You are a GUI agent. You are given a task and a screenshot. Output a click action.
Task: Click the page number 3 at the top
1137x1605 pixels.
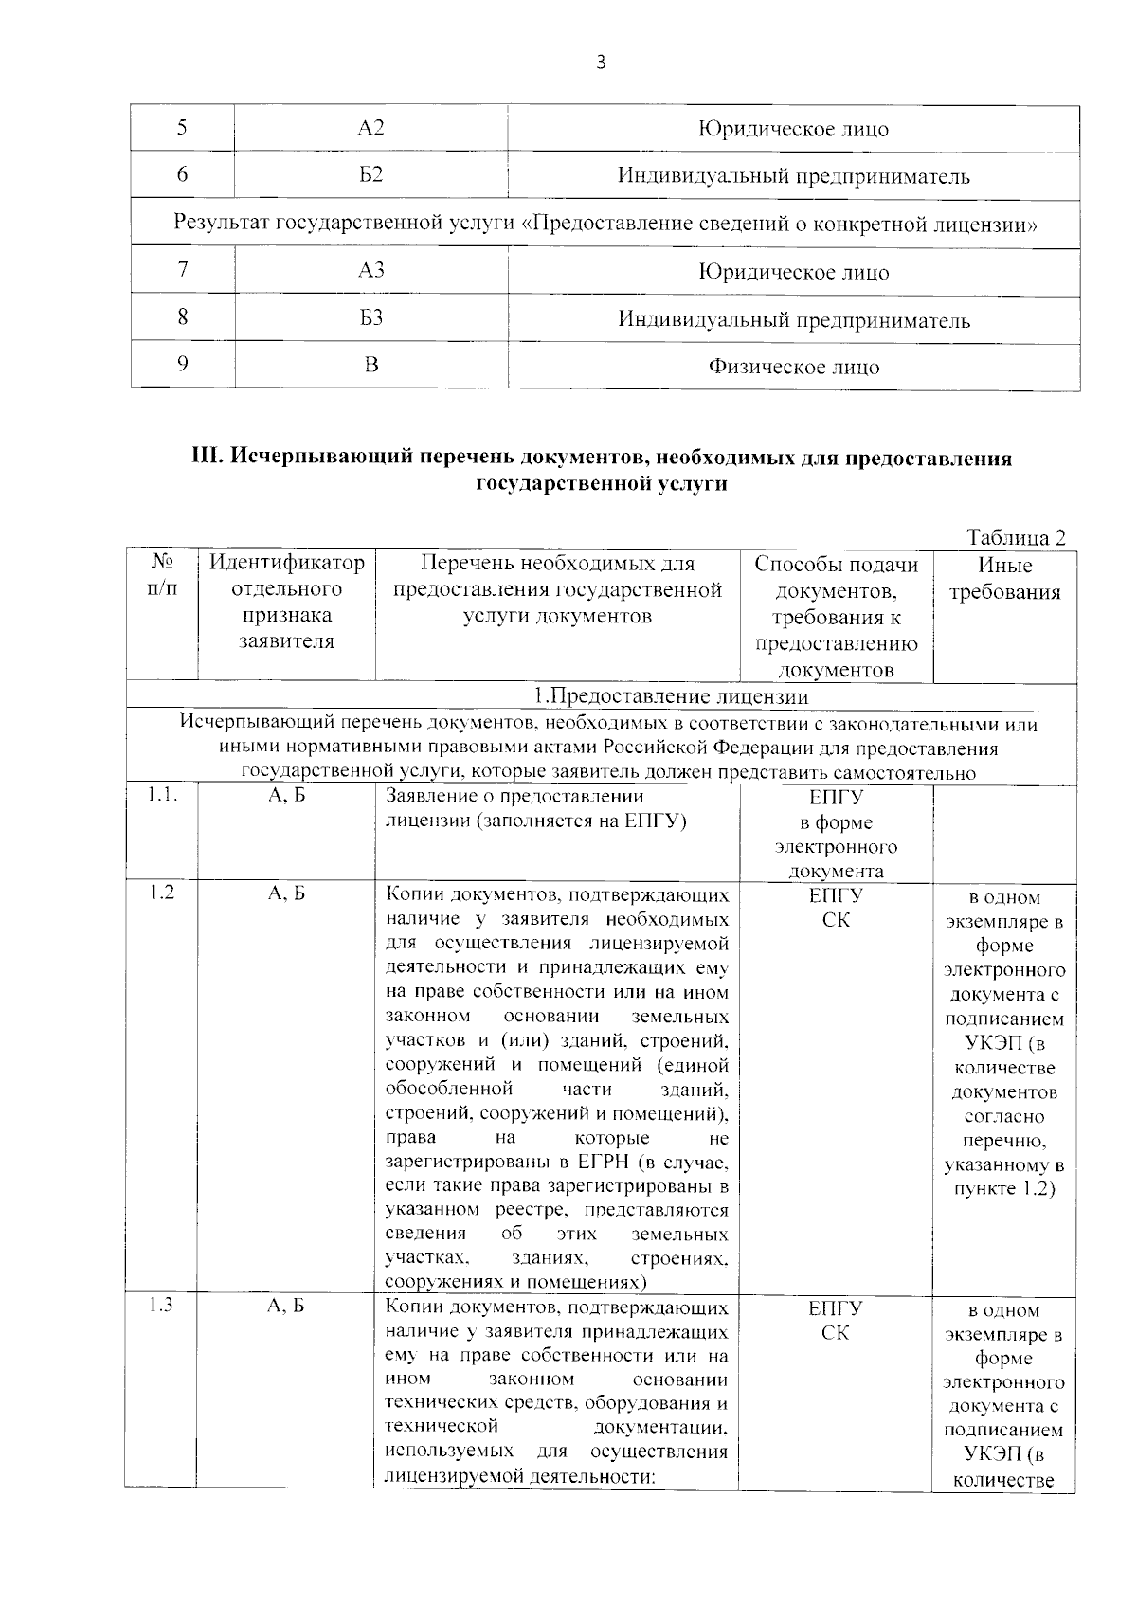(x=600, y=63)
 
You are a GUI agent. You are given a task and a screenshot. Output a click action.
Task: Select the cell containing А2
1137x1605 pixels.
(x=371, y=128)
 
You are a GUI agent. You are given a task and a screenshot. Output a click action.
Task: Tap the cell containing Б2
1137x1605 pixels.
(x=371, y=175)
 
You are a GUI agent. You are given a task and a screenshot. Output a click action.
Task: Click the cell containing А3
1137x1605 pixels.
(x=371, y=271)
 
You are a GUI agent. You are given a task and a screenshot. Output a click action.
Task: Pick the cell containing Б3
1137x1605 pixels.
(x=371, y=318)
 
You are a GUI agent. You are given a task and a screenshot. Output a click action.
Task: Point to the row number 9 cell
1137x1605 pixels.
(x=182, y=366)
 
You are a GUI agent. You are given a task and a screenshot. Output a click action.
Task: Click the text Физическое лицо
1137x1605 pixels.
(x=794, y=367)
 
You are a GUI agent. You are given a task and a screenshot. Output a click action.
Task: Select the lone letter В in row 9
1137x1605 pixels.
(x=371, y=366)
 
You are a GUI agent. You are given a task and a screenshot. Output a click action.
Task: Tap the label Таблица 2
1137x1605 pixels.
(x=1016, y=537)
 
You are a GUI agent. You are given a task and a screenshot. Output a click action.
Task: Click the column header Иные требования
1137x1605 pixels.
(x=1004, y=579)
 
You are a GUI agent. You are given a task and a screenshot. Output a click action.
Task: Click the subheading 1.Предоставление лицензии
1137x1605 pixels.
(x=670, y=697)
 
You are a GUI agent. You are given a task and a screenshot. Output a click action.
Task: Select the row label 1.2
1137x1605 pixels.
(x=161, y=893)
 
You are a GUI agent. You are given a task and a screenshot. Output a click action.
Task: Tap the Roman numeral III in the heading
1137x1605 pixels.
(x=207, y=459)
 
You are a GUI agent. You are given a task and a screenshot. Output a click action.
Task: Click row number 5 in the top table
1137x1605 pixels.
(x=182, y=128)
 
